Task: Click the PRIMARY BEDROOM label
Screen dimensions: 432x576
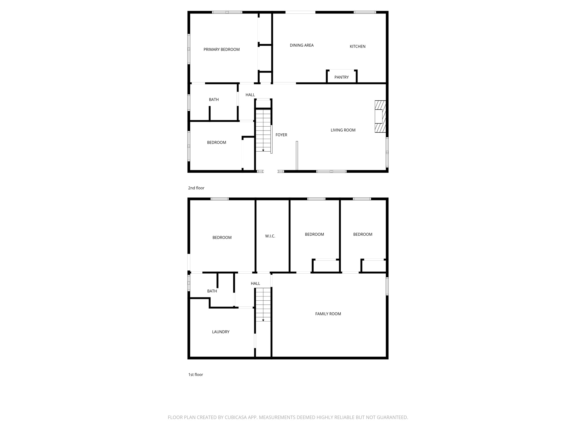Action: point(222,49)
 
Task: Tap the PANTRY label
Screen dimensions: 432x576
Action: point(341,77)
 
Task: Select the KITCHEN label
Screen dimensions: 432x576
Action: point(357,46)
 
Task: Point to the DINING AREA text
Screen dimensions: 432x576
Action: point(301,45)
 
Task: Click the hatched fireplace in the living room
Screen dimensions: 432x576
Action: point(380,116)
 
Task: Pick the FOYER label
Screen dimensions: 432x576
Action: point(281,135)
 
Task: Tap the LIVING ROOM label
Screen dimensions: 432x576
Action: point(343,130)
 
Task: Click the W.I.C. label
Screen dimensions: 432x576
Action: point(270,236)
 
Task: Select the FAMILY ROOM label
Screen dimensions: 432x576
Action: point(328,314)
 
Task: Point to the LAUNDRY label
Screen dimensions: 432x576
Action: point(220,332)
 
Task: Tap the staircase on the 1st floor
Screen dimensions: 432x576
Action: point(263,305)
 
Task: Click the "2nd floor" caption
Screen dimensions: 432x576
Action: point(196,188)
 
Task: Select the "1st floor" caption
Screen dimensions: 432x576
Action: point(195,375)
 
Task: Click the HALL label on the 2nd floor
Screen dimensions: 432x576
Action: point(250,95)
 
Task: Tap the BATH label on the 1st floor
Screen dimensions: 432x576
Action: point(212,291)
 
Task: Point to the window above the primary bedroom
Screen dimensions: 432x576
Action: point(227,12)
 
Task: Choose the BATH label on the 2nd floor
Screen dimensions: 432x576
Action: point(214,100)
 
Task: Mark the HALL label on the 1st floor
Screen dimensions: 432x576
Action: point(255,283)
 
